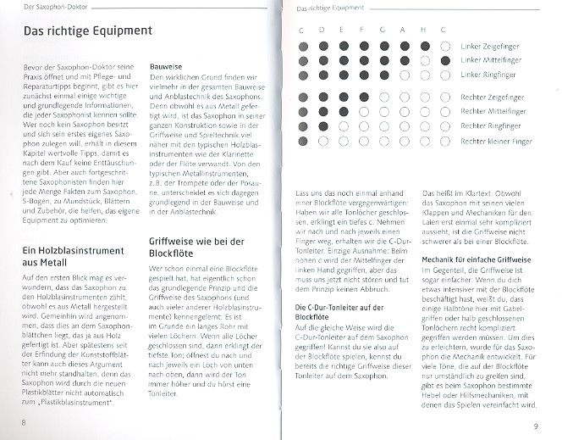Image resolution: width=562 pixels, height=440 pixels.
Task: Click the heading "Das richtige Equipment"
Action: (87, 31)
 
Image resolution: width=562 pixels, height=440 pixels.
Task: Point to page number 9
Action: (535, 426)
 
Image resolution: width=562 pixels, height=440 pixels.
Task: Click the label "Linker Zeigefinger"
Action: (490, 46)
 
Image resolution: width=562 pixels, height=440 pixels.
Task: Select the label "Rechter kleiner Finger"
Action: (496, 141)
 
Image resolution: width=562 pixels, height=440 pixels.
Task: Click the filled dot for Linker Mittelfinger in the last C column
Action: (445, 60)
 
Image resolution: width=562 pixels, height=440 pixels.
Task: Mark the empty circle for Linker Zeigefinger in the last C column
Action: (445, 46)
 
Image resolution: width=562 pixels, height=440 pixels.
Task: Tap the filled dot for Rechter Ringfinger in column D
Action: (323, 125)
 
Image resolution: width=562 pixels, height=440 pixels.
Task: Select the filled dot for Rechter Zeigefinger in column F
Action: (364, 97)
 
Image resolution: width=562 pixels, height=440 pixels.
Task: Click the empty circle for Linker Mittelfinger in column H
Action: (425, 60)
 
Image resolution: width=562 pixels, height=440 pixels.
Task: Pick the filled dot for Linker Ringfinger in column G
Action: (384, 75)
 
